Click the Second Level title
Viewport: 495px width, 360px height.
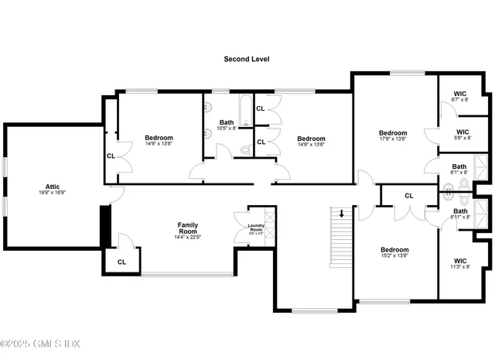coord(246,59)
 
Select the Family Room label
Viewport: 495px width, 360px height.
coord(188,228)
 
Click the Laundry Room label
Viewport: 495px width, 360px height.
coord(255,228)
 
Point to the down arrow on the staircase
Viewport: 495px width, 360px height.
coord(342,213)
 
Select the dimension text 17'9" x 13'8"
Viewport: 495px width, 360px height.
coord(393,139)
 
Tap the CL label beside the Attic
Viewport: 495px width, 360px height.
coord(111,156)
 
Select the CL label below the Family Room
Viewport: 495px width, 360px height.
coord(121,262)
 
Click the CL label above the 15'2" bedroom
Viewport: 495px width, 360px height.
coord(408,196)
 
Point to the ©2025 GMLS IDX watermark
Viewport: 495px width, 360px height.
coord(40,344)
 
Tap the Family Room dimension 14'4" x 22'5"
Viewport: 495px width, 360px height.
coord(188,238)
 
